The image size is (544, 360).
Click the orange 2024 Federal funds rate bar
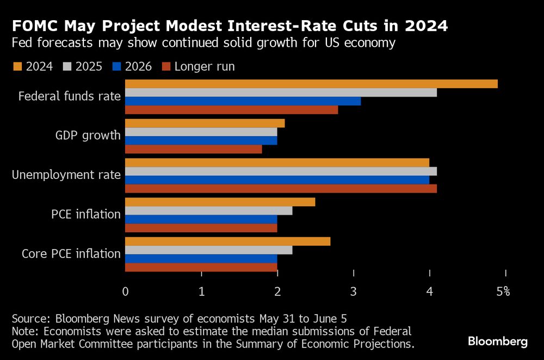pos(311,84)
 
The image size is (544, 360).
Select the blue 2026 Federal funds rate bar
pos(243,101)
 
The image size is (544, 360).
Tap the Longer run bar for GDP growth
pos(193,149)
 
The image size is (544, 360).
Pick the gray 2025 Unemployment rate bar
pos(281,171)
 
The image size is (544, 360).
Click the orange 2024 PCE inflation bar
pos(220,202)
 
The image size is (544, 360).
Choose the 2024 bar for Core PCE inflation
pos(227,241)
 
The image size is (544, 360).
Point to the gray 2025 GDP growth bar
pos(201,132)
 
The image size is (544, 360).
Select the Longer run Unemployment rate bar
pos(281,189)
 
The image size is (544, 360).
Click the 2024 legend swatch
pos(17,66)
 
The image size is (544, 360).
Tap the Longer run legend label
pos(205,66)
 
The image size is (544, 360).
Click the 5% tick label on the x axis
pos(503,291)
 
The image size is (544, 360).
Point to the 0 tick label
pos(126,291)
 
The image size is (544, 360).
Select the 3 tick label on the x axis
pos(354,291)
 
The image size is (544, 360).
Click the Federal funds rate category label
pos(69,96)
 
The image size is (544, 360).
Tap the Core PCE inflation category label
pos(71,253)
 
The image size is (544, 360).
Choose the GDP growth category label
pos(88,135)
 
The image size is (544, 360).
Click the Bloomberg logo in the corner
pos(497,342)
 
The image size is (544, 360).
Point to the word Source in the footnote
pos(28,318)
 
